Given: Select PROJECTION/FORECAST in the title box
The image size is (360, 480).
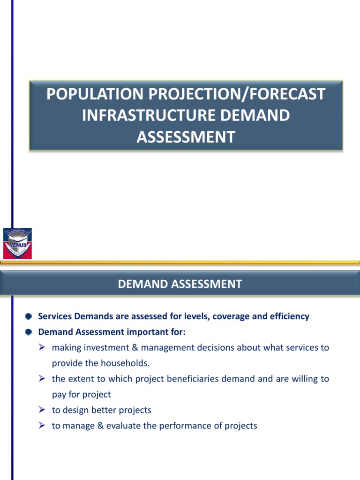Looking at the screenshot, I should click(234, 94).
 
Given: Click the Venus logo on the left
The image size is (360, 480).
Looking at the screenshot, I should click(17, 243).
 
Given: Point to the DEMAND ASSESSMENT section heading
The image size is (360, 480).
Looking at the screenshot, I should click(180, 284).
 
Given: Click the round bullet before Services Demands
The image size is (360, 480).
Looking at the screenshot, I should click(29, 316).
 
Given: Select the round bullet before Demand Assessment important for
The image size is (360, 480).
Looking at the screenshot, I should click(29, 332).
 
